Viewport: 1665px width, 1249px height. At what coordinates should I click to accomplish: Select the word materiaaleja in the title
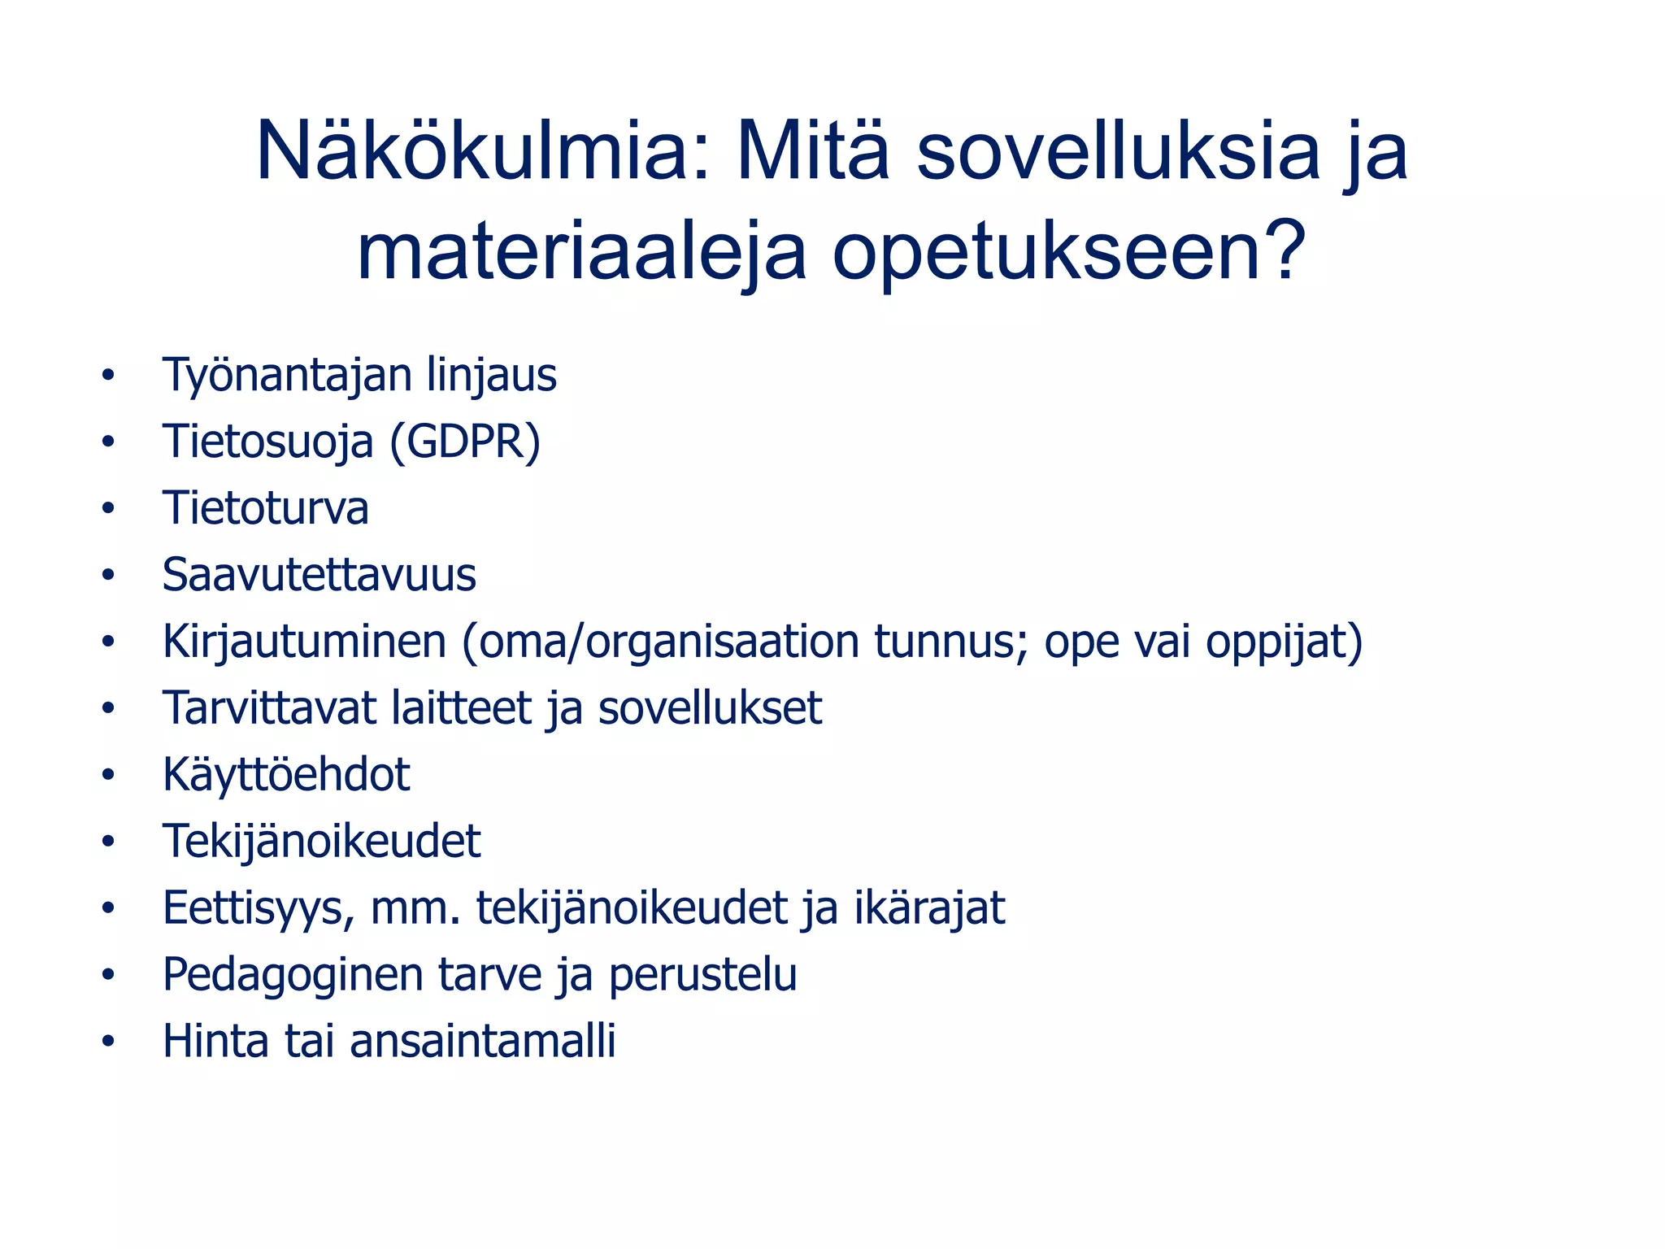[581, 251]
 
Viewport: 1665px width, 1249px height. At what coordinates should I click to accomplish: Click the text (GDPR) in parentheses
[465, 442]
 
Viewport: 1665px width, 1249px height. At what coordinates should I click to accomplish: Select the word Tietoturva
[266, 508]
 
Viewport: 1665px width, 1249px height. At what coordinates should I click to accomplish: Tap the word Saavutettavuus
[319, 575]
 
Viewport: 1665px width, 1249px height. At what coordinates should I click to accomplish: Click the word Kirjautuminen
[305, 642]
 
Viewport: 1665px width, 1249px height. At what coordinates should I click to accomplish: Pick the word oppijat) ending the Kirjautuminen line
[1284, 642]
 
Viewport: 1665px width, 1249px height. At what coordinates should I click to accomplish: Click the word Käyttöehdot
[286, 774]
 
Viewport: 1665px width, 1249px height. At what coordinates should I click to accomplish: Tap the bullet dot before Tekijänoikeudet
[108, 842]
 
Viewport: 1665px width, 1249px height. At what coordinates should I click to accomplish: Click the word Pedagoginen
[293, 975]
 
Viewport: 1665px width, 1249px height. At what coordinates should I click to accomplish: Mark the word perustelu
[702, 975]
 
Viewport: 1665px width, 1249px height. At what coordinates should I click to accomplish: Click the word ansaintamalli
[483, 1041]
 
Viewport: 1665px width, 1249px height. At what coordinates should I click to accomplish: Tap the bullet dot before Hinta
[108, 1042]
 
